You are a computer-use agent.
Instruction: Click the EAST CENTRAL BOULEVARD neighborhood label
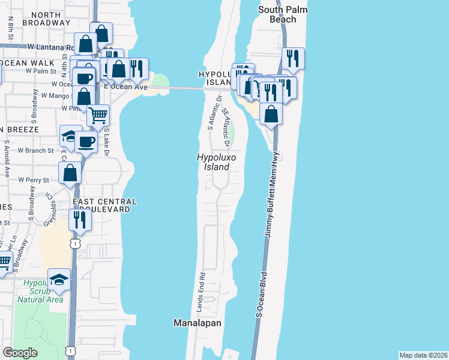point(104,206)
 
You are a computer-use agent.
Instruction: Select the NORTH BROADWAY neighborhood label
point(46,19)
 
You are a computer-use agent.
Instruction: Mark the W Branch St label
point(35,150)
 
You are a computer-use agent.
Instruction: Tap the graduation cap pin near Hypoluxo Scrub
point(59,280)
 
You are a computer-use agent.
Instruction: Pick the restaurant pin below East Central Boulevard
point(80,220)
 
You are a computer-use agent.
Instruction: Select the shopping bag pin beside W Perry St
point(70,173)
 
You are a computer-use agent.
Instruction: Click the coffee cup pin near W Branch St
point(85,142)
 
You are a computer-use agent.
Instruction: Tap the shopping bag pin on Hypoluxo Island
point(271,113)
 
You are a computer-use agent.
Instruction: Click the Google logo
point(20,353)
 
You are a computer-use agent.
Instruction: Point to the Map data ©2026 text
point(423,355)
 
